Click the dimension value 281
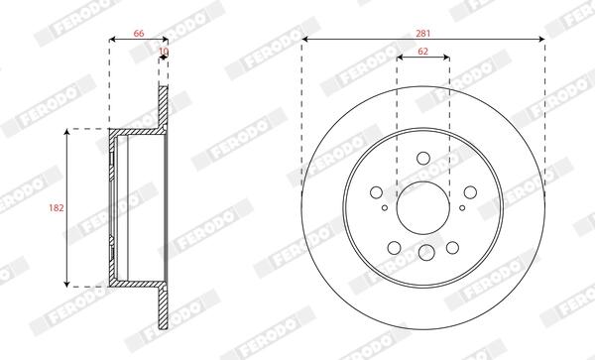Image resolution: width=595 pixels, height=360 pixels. [x=423, y=34]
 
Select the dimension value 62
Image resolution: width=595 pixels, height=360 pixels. [x=422, y=52]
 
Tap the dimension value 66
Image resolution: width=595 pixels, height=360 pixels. [x=139, y=34]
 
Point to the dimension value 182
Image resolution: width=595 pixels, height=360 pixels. [x=57, y=208]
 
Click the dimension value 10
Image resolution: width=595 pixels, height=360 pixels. [x=164, y=51]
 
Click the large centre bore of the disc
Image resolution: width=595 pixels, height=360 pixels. [x=423, y=208]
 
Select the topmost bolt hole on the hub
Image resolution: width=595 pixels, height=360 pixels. [x=423, y=159]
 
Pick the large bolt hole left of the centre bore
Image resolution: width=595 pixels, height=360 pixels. [x=376, y=192]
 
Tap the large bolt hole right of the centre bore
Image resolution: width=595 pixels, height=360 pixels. [x=470, y=192]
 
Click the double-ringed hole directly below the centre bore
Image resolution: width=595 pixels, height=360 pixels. [x=426, y=252]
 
